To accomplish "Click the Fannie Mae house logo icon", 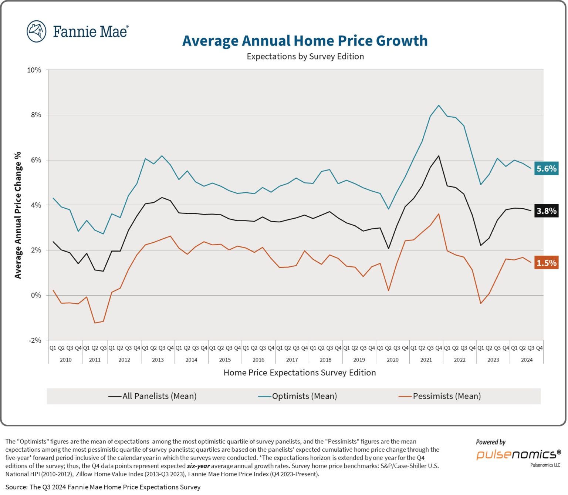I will (36, 31).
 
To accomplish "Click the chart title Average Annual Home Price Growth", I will (305, 41).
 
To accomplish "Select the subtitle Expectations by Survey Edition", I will (305, 57).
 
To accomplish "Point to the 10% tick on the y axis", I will (34, 70).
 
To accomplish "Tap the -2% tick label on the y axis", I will (34, 340).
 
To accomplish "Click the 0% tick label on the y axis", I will (35, 295).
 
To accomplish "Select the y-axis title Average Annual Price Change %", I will (18, 215).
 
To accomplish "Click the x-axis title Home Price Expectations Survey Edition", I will (300, 373).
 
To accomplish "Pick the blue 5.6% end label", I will (546, 169).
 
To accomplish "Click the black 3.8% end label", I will (546, 211).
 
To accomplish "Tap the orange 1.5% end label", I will (546, 263).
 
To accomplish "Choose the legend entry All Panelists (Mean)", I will (152, 396).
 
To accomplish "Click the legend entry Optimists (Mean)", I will (298, 396).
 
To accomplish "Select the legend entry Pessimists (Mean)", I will (440, 396).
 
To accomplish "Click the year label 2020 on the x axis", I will (392, 360).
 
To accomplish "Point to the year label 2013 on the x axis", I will (158, 360).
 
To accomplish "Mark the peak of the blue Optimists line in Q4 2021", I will (439, 105).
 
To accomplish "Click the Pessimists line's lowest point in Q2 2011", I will (95, 323).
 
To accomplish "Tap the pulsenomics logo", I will (518, 454).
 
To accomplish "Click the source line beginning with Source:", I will (103, 487).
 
